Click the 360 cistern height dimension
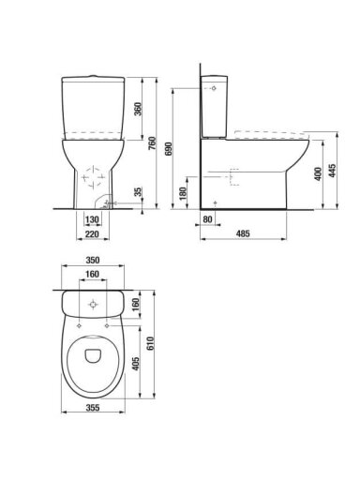(138, 109)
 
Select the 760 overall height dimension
(152, 143)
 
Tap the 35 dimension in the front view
(138, 192)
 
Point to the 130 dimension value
(92, 219)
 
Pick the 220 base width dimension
(92, 233)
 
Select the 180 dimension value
(183, 193)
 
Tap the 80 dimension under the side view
(207, 219)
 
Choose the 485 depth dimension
(243, 233)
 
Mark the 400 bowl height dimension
(318, 174)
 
